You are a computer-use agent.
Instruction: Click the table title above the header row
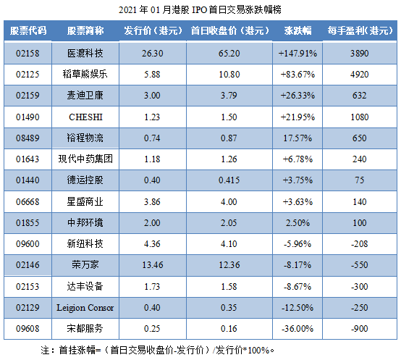[x=200, y=9]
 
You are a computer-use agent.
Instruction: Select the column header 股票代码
[x=29, y=32]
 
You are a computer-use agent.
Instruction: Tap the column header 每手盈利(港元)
[x=358, y=32]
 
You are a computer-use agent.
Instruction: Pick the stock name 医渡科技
[x=85, y=54]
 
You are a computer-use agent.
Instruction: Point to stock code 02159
[x=29, y=96]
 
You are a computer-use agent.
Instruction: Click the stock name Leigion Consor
[x=85, y=308]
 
